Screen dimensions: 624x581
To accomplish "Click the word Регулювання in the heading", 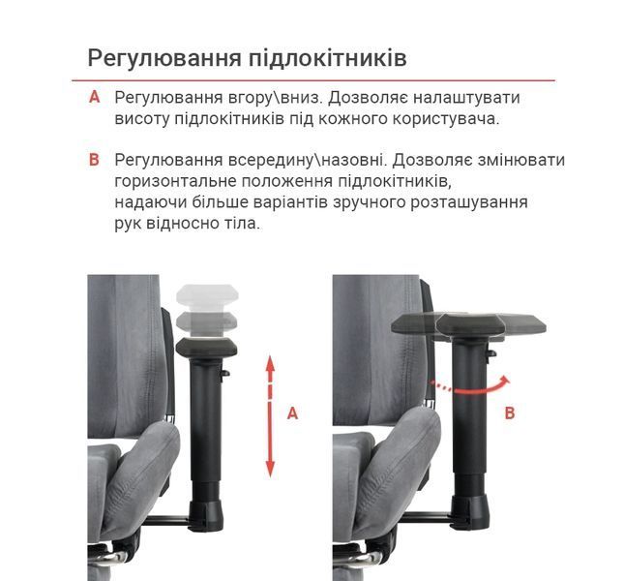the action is click(164, 58).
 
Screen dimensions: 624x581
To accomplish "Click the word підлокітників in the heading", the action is click(328, 58).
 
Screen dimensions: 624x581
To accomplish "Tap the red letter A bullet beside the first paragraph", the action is click(94, 97).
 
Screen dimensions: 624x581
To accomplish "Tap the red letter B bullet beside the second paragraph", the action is click(94, 160).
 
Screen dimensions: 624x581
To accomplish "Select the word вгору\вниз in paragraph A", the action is click(275, 98).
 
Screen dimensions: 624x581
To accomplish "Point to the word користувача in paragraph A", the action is click(446, 119).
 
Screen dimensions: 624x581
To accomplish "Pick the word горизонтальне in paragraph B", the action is click(175, 182).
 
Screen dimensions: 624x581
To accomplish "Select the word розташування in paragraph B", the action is click(469, 202).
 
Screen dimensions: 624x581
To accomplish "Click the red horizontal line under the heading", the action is click(313, 80).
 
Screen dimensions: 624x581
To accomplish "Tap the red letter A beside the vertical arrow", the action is click(292, 413).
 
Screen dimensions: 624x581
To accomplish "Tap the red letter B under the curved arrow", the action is click(510, 413).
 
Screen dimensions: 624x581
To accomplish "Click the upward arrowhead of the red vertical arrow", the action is click(270, 363).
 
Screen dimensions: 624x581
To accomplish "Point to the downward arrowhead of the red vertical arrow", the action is click(270, 469).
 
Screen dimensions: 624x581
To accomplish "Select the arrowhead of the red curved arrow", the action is click(505, 380).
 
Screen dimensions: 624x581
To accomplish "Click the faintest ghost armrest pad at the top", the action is click(207, 294).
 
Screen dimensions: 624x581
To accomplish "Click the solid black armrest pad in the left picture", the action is click(206, 348).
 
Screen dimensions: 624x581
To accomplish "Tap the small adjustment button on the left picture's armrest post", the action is click(225, 373).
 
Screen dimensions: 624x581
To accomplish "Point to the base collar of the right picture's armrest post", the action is click(469, 511).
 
